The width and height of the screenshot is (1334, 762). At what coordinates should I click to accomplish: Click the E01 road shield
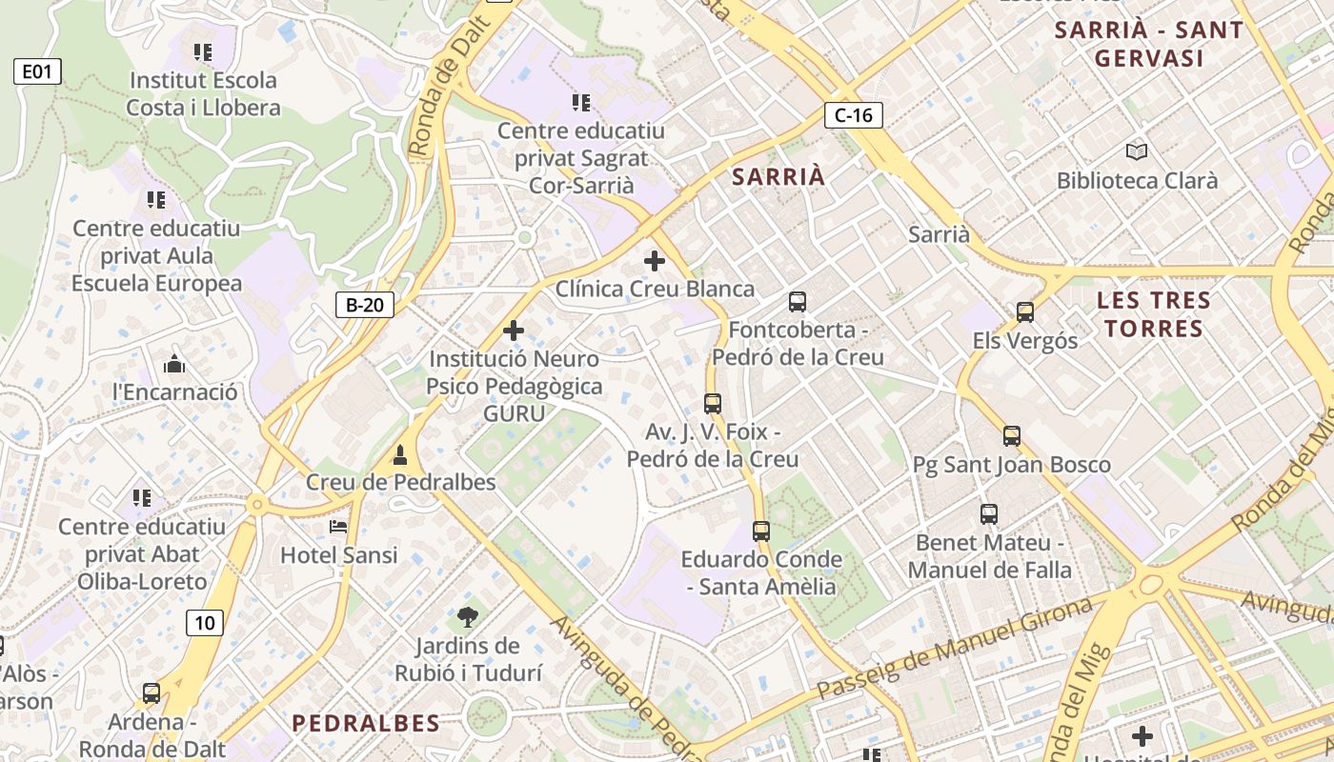pos(37,70)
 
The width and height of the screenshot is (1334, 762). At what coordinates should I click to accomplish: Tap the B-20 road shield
pos(365,305)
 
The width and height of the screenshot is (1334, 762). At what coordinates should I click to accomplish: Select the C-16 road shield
pos(854,115)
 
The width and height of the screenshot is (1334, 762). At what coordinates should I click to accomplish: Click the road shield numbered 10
pos(205,623)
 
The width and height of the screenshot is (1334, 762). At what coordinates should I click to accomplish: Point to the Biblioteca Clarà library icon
pos(1136,150)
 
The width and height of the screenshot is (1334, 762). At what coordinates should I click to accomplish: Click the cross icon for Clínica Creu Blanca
pos(655,260)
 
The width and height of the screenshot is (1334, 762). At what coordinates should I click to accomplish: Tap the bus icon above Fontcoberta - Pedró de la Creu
pos(798,302)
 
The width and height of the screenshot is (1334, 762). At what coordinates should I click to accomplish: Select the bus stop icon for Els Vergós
pos(1025,311)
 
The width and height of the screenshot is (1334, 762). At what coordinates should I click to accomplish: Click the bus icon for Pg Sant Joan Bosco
pos(1012,436)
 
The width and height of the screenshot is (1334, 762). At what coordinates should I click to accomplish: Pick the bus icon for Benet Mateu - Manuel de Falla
pos(989,514)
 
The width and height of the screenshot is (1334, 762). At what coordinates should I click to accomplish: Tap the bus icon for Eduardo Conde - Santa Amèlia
pos(761,531)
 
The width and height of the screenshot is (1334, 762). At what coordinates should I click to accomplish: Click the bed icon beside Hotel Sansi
pos(338,526)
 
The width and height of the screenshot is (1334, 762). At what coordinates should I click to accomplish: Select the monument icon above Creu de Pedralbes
pos(401,453)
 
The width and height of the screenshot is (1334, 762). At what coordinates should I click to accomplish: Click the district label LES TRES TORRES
pos(1153,314)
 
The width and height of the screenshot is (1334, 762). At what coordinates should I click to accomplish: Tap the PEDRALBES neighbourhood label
pos(366,723)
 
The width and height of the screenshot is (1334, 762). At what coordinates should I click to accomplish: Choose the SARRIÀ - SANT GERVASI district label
pos(1148,44)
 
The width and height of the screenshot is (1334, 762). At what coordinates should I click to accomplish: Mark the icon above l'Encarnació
pos(174,363)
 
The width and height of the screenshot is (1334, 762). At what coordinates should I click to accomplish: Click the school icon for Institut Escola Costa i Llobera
pos(202,51)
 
